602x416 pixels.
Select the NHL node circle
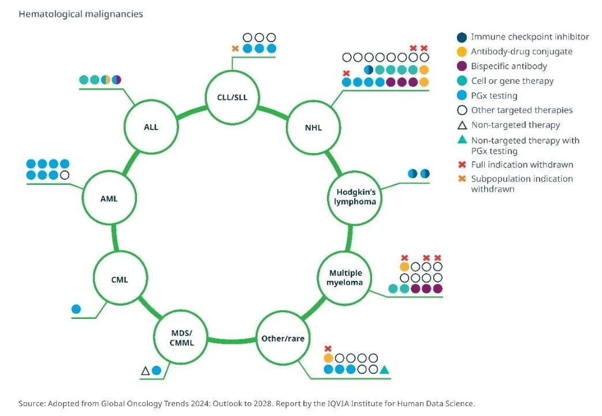click(x=313, y=127)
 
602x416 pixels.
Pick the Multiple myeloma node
click(x=345, y=277)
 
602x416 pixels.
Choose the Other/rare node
click(x=283, y=338)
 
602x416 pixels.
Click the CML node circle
click(x=120, y=280)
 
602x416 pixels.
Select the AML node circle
click(x=109, y=199)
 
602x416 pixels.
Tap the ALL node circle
click(x=151, y=127)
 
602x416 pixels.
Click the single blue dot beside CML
click(x=76, y=309)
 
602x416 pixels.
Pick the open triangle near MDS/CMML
click(x=146, y=370)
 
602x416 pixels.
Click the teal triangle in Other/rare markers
click(x=384, y=369)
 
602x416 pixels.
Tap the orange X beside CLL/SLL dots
click(x=235, y=49)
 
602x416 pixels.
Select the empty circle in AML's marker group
click(x=65, y=174)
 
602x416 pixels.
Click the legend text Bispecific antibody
click(x=509, y=66)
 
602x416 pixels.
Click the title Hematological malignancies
click(x=81, y=14)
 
